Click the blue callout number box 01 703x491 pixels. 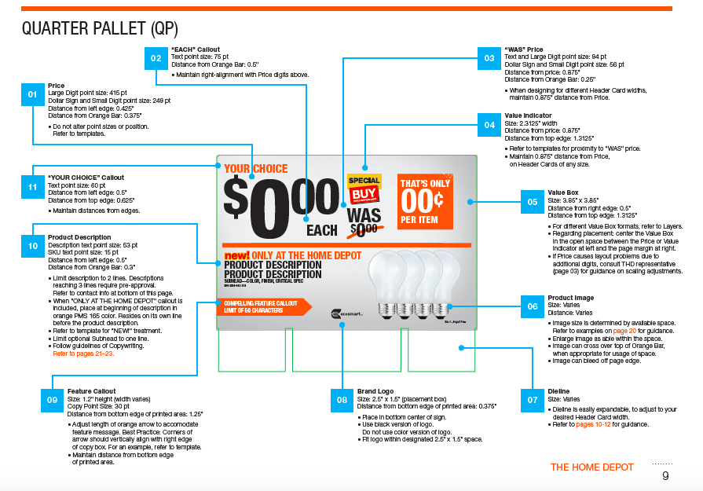(33, 94)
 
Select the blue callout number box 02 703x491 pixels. (156, 58)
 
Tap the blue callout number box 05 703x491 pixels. (533, 201)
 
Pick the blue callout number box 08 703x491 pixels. (342, 400)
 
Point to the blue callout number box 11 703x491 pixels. (33, 186)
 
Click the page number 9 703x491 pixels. (665, 475)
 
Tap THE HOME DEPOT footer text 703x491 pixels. (592, 467)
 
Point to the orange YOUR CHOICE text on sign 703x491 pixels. (256, 169)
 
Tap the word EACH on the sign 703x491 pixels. (322, 231)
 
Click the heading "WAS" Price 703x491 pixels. (524, 49)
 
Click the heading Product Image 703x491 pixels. (571, 298)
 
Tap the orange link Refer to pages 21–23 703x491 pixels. (83, 354)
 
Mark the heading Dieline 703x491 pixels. (558, 391)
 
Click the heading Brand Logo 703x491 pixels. (375, 391)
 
